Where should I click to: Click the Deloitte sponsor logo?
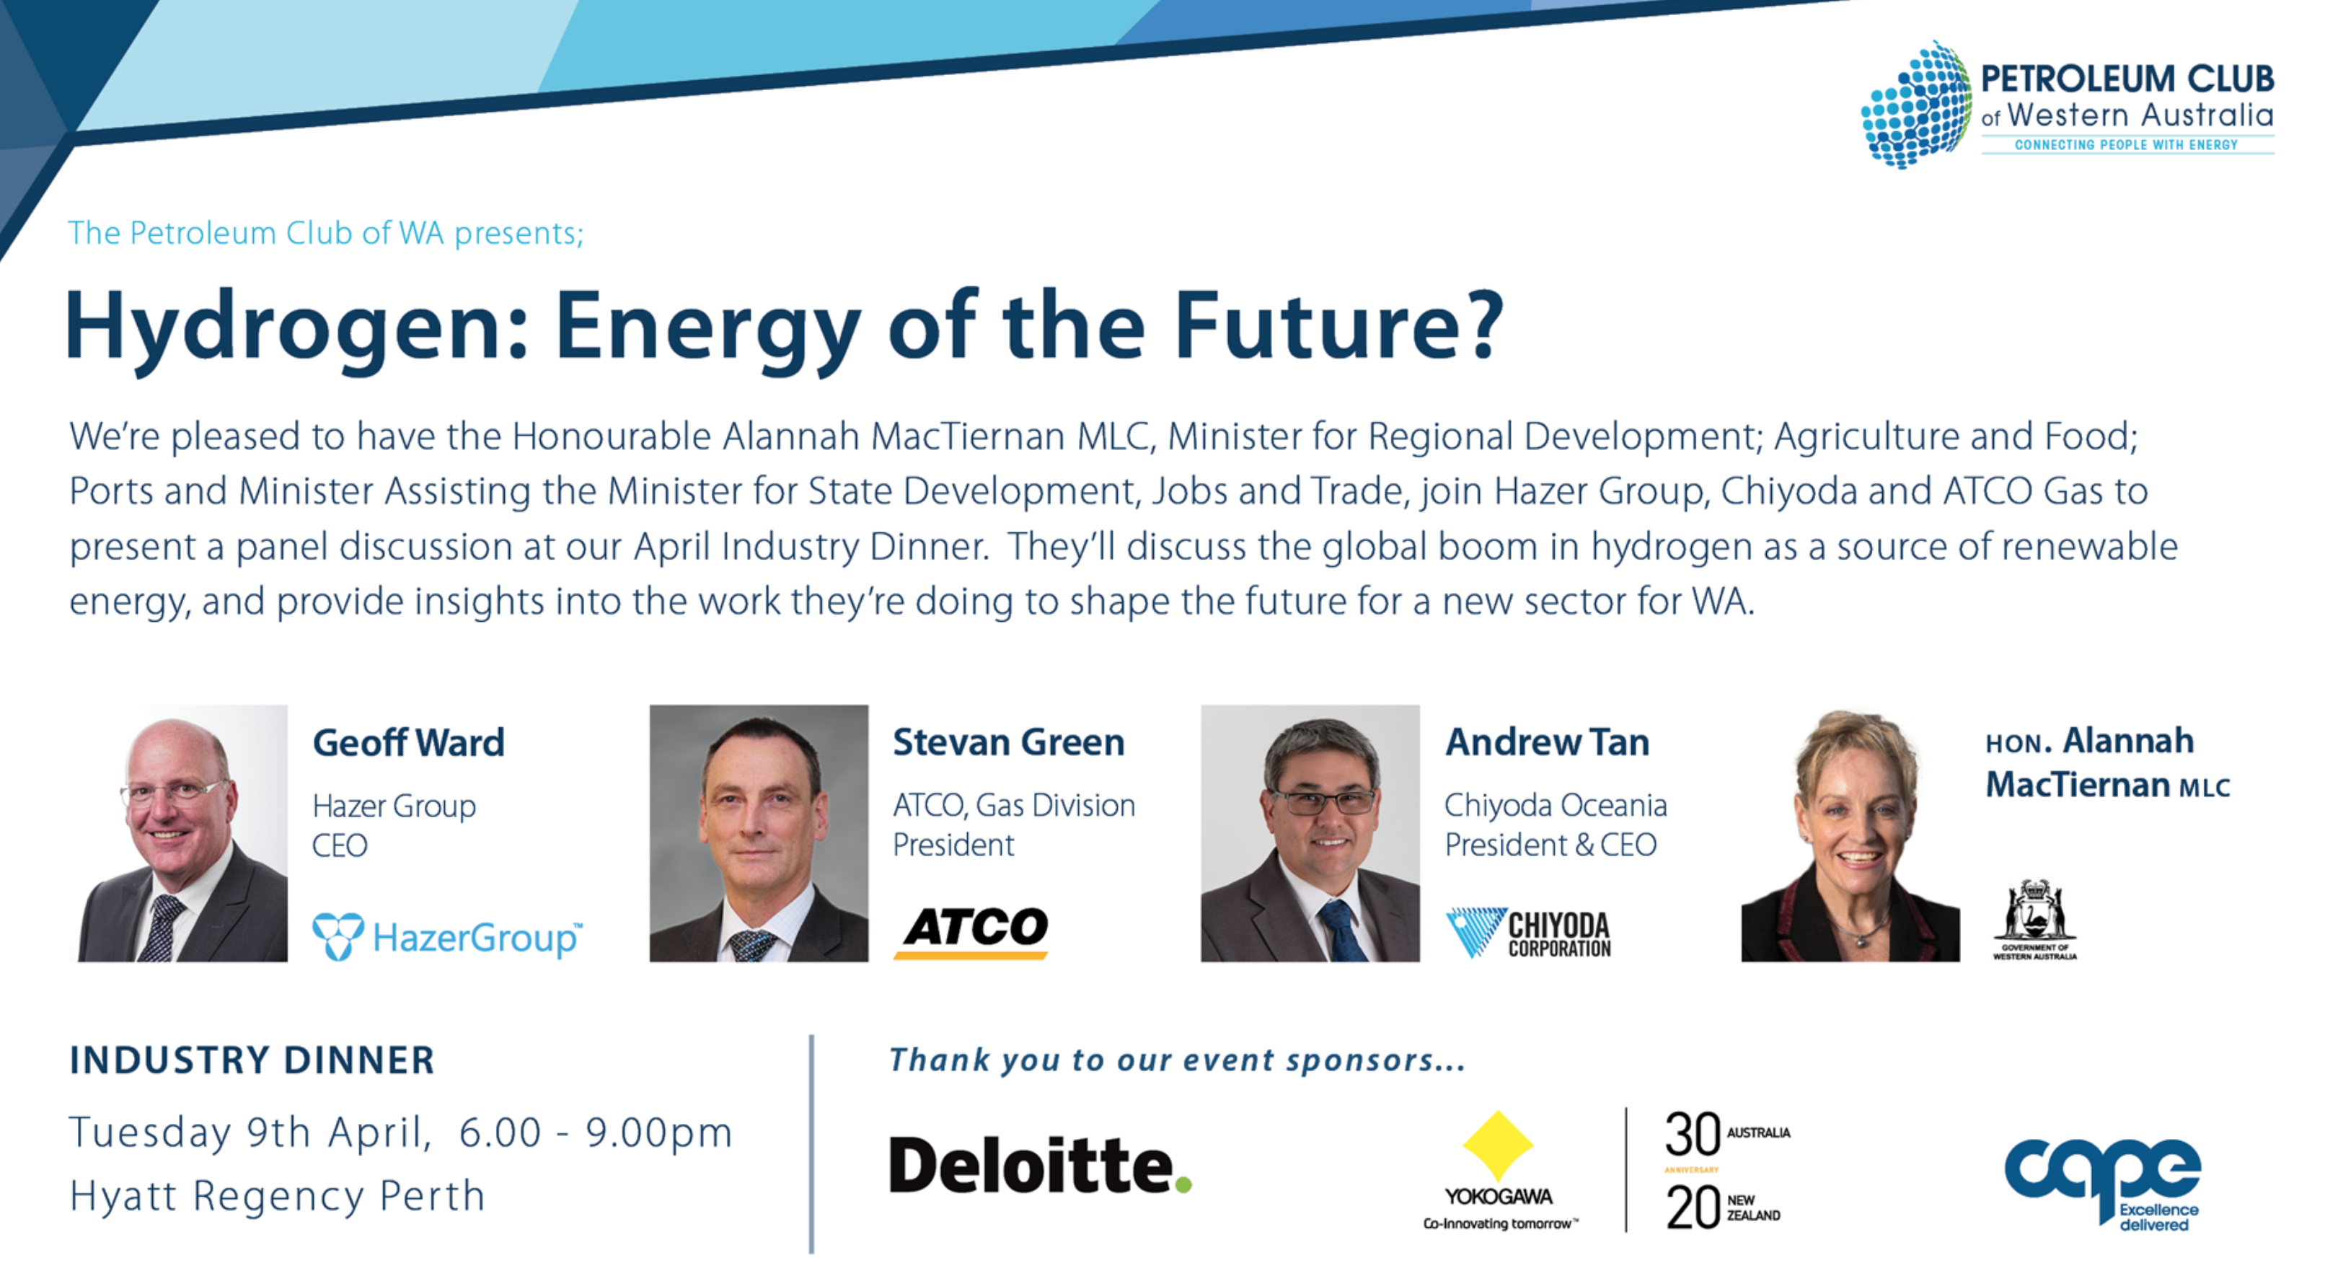1040,1165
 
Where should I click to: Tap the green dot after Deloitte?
1183,1184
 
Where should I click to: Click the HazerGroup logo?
447,937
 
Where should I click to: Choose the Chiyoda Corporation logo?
1528,933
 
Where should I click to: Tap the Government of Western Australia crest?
2035,919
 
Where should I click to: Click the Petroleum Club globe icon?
1917,105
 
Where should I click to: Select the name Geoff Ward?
408,743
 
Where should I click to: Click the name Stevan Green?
1008,743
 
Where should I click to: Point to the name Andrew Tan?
1547,743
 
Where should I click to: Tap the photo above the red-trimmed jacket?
1850,833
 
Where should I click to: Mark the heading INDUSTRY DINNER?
252,1060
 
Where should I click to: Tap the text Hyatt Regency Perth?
278,1197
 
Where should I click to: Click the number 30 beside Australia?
1693,1134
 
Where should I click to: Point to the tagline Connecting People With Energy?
2127,144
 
